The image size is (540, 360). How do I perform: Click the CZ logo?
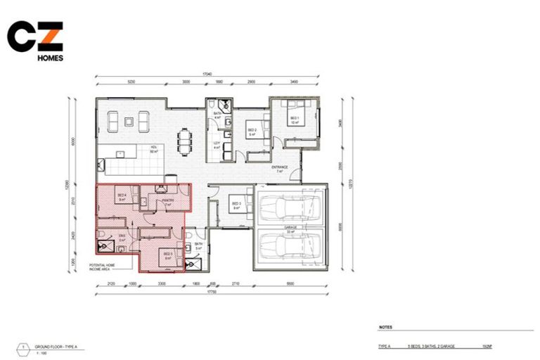tap(34, 37)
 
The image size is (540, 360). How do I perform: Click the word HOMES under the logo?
tap(50, 58)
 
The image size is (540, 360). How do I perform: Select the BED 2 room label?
tap(251, 131)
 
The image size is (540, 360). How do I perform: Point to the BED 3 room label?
tap(236, 204)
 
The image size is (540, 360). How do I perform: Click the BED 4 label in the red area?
tap(122, 195)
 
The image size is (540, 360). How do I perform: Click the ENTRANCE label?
tap(280, 167)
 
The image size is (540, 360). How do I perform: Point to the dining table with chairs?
tap(184, 141)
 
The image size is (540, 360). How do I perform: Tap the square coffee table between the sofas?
tap(128, 122)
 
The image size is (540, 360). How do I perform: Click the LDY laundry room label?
tap(217, 144)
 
